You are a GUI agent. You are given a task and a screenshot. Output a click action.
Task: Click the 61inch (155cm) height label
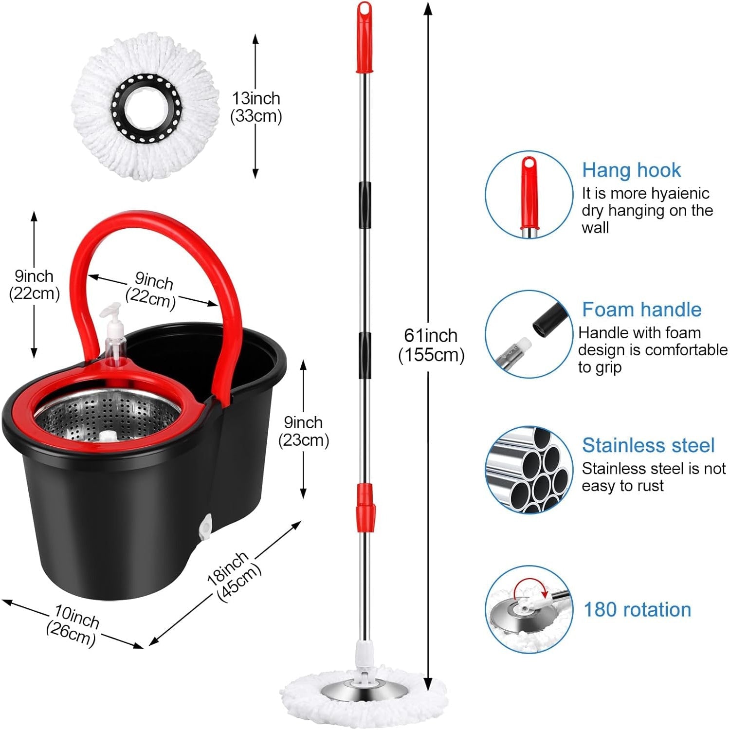pos(431,345)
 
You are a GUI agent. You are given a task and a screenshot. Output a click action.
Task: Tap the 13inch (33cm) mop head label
pos(256,107)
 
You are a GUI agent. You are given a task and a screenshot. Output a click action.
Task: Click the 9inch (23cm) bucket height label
pos(303,431)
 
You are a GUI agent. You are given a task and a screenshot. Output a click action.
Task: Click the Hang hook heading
pos(631,170)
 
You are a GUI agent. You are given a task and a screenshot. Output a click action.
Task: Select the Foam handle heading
pos(641,310)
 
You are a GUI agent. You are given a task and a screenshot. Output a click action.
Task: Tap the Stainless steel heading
pos(648,445)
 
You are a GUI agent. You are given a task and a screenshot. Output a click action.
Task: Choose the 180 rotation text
pos(637,609)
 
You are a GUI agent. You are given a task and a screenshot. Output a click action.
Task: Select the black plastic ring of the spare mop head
pos(146,108)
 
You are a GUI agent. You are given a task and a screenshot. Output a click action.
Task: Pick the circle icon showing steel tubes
pos(529,470)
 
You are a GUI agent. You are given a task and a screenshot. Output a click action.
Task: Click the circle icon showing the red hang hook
pos(529,195)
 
